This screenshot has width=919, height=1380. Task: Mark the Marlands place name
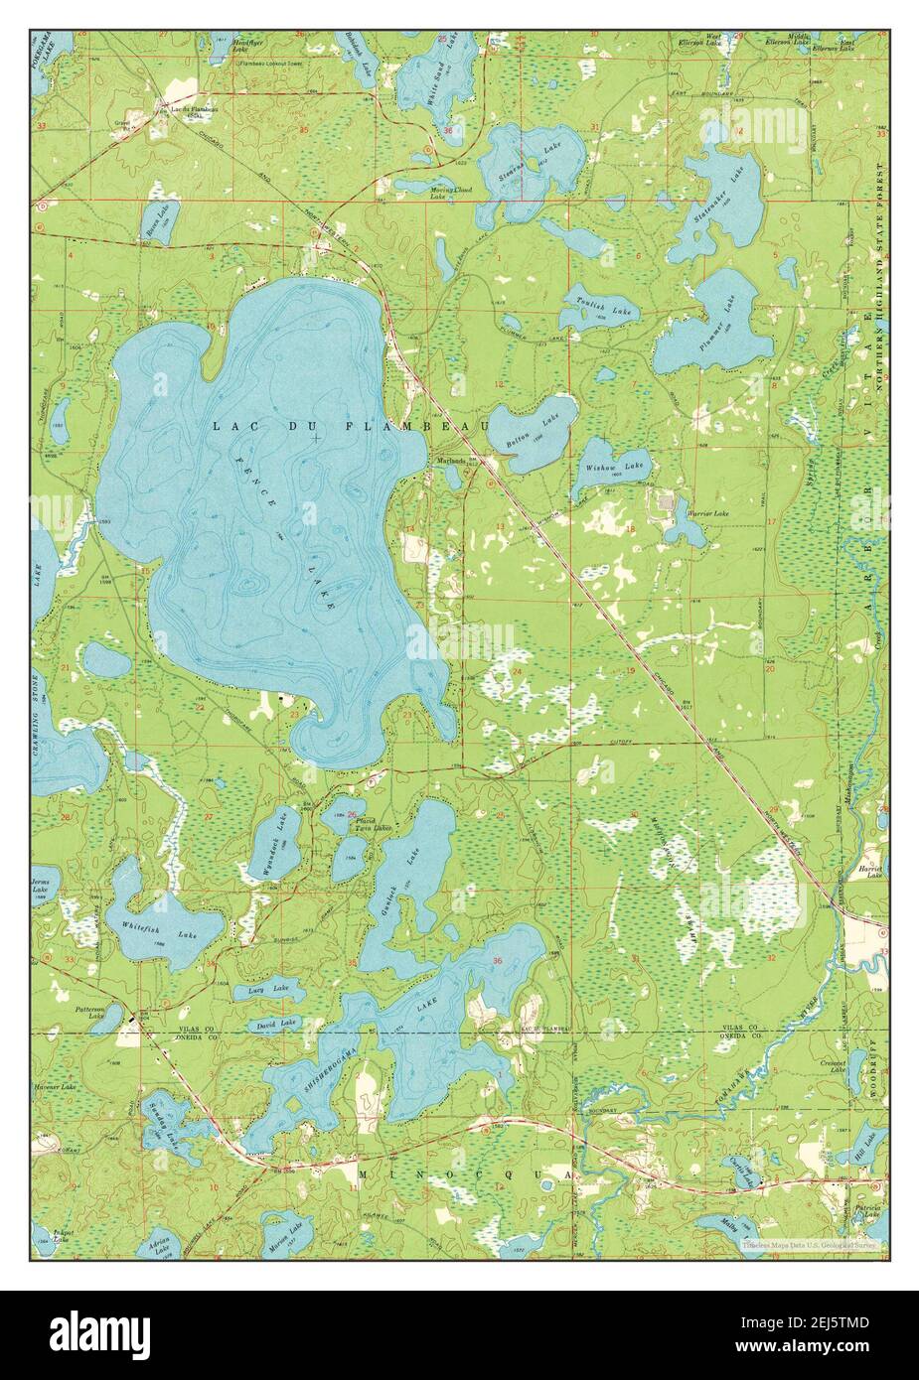[453, 460]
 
